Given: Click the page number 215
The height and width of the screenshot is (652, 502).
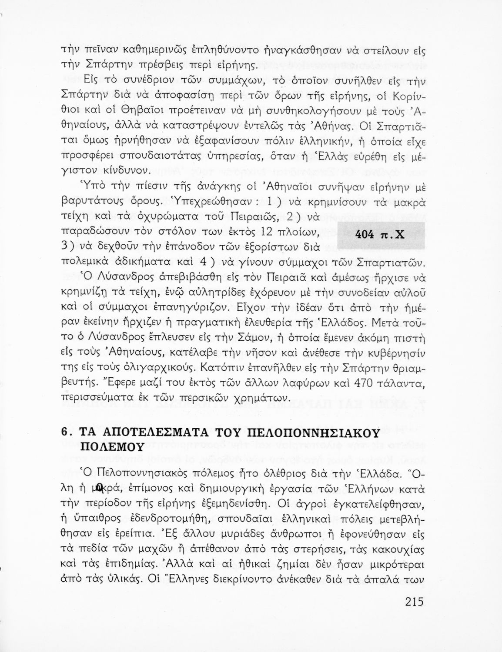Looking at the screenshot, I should [x=414, y=602].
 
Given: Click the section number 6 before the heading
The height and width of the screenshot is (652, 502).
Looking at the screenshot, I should [x=64, y=433].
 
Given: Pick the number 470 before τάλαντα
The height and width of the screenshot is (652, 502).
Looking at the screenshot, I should [x=364, y=384].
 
